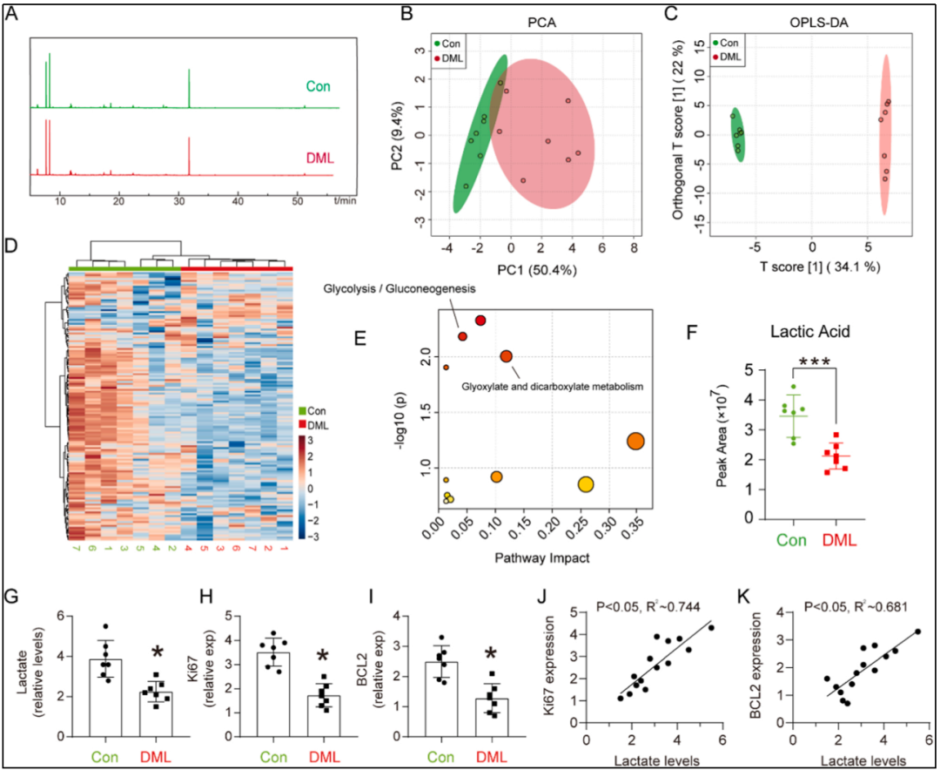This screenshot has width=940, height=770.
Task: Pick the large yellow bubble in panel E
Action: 586,484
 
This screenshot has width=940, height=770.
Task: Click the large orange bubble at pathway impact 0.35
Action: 635,442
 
